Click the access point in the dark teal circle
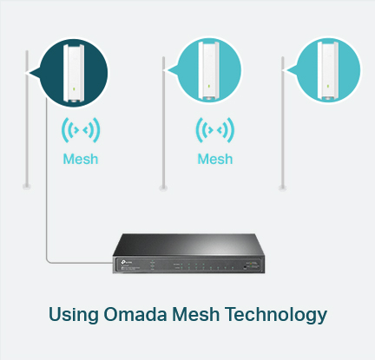click(x=74, y=73)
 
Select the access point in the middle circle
click(x=208, y=71)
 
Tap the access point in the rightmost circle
click(x=327, y=71)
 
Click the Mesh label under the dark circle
click(x=81, y=159)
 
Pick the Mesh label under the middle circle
click(x=215, y=159)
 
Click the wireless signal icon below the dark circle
click(x=81, y=130)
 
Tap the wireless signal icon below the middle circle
click(x=215, y=130)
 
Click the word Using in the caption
click(x=74, y=315)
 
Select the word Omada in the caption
click(x=135, y=314)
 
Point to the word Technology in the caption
click(x=276, y=315)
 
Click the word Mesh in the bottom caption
click(x=195, y=314)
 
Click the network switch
click(x=188, y=253)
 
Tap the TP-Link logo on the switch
click(x=127, y=262)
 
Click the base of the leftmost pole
click(x=27, y=187)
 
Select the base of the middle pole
click(x=163, y=188)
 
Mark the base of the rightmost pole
click(x=282, y=188)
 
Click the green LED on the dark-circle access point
click(x=74, y=88)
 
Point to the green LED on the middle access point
click(x=209, y=86)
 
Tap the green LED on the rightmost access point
click(x=328, y=86)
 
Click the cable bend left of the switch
click(x=47, y=262)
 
